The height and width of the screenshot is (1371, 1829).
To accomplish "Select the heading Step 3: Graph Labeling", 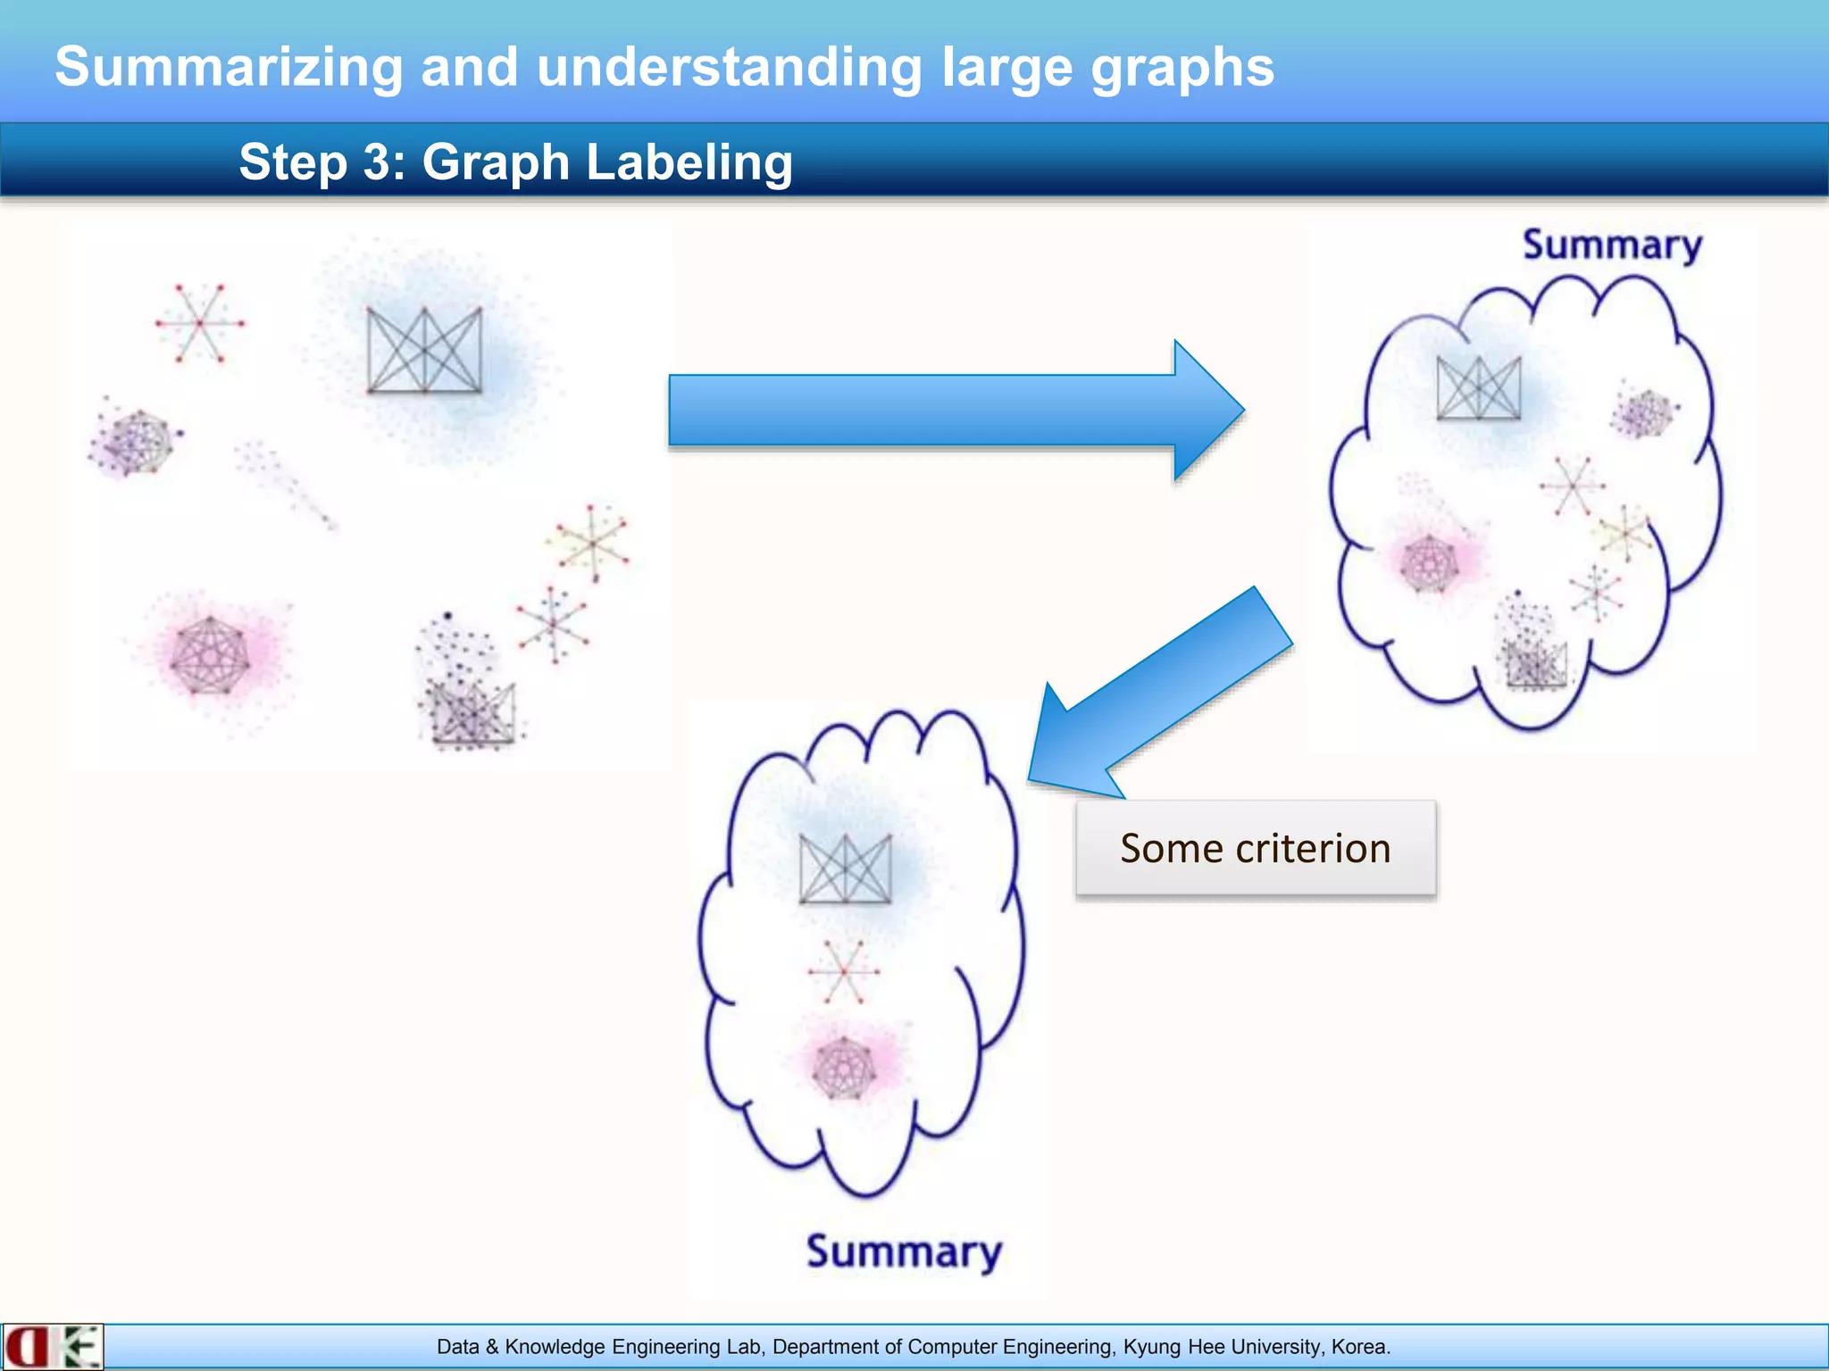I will (x=515, y=162).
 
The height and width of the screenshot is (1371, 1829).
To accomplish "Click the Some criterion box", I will (x=1256, y=848).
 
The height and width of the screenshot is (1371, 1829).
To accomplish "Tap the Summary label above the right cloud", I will (x=1612, y=245).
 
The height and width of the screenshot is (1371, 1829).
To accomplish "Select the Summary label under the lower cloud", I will (x=904, y=1251).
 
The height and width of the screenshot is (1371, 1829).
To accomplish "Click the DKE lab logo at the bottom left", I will (x=52, y=1346).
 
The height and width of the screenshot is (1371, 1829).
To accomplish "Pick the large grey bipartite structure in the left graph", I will (x=424, y=350).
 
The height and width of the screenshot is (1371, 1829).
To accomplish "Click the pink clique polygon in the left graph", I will (x=209, y=656).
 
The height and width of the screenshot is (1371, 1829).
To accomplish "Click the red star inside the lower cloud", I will (x=843, y=971).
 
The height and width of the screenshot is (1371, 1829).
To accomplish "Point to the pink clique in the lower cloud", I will (x=843, y=1068).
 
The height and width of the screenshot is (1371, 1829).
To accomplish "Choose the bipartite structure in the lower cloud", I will (x=845, y=869).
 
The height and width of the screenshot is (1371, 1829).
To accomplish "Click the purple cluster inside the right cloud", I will (x=1643, y=413).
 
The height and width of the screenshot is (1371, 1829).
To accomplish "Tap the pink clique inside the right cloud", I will (x=1429, y=562).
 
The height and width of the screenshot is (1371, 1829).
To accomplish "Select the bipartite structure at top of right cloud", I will (x=1478, y=387).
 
